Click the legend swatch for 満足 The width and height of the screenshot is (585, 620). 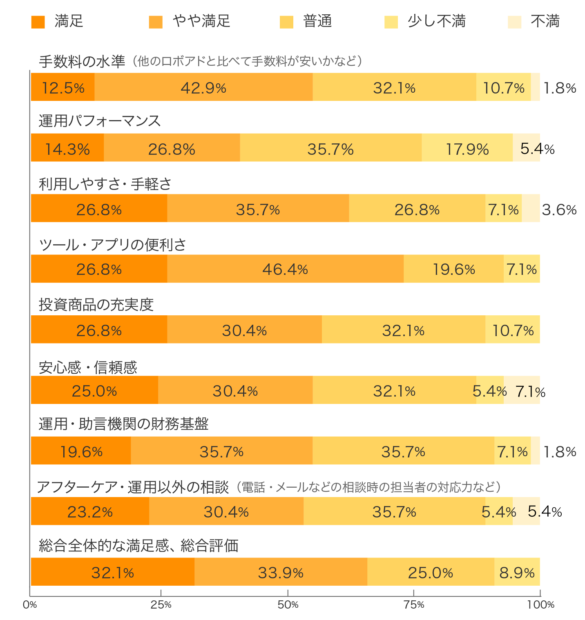click(38, 22)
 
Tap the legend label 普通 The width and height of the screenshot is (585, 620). click(317, 21)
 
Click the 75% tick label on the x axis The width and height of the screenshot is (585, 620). click(414, 605)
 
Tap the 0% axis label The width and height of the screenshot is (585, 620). click(30, 605)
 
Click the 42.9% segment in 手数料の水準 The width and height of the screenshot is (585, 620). click(203, 87)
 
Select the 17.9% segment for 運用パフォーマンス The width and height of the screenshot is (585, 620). click(467, 148)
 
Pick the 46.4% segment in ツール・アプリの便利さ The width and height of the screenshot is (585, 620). click(285, 269)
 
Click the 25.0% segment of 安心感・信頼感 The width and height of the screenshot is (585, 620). click(94, 390)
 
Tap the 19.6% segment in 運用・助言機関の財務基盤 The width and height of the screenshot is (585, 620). click(81, 451)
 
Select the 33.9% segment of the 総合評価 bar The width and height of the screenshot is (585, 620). click(281, 572)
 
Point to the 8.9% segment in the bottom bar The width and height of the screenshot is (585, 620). click(517, 572)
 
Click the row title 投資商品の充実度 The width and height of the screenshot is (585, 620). click(96, 305)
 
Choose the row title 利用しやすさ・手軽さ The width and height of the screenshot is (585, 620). click(105, 184)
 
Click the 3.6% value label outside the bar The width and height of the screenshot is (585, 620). click(559, 210)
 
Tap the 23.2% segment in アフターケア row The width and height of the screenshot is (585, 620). click(90, 511)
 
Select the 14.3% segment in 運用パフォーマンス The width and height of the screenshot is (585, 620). click(67, 148)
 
